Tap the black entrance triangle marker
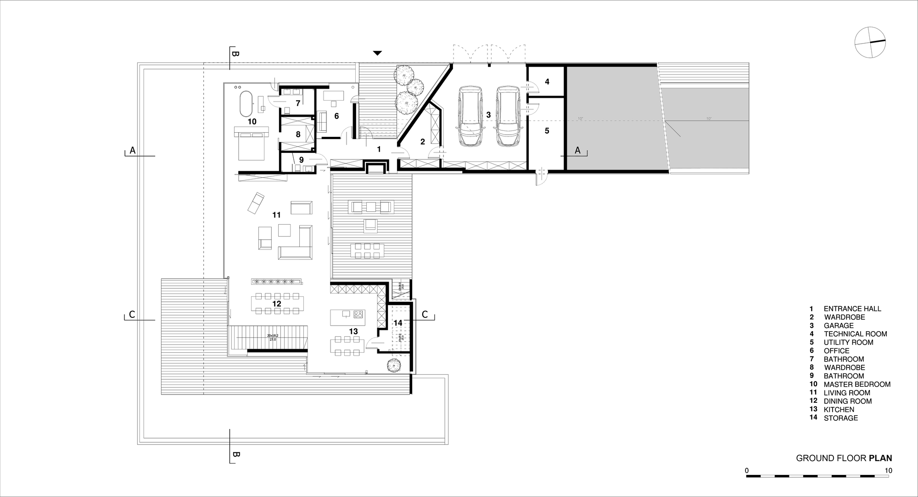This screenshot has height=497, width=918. point(377,53)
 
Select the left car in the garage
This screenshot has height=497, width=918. point(470,117)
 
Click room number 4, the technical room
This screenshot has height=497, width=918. point(547,82)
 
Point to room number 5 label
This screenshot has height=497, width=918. point(547,131)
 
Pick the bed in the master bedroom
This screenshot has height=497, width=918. point(251,143)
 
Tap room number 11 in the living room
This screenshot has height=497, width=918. point(276,215)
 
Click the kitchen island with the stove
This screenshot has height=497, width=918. point(347,317)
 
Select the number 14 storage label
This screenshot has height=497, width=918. point(397,323)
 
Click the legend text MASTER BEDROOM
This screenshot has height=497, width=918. point(857,384)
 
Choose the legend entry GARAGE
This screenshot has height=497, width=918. point(839,326)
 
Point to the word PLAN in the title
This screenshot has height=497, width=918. point(880,458)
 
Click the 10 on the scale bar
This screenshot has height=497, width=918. point(889,470)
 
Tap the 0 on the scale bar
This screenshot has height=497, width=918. point(747,470)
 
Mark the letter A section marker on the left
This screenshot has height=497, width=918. point(132,150)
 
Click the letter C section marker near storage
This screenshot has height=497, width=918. point(425,315)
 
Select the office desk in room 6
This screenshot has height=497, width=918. point(334,96)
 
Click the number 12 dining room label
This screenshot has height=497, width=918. point(276,304)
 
